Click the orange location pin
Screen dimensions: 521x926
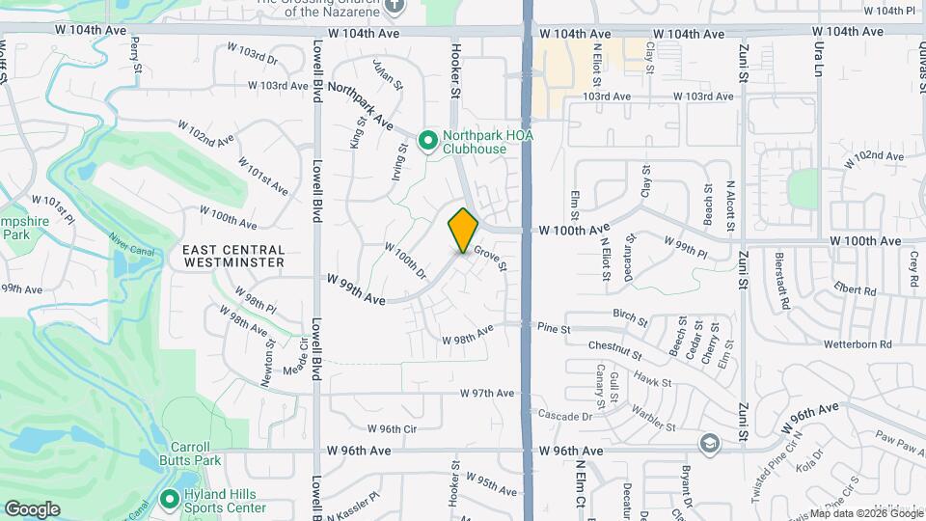[x=463, y=230]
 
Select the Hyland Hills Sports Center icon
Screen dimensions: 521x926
[x=169, y=500]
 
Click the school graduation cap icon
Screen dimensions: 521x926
[x=710, y=443]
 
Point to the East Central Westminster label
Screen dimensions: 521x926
[x=233, y=256]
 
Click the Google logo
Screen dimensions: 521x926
[x=32, y=508]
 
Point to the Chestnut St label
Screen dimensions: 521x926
[x=614, y=350]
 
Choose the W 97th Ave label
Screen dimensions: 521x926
[x=487, y=393]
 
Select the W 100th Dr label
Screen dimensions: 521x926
[x=405, y=260]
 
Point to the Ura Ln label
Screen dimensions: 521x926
[x=821, y=60]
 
